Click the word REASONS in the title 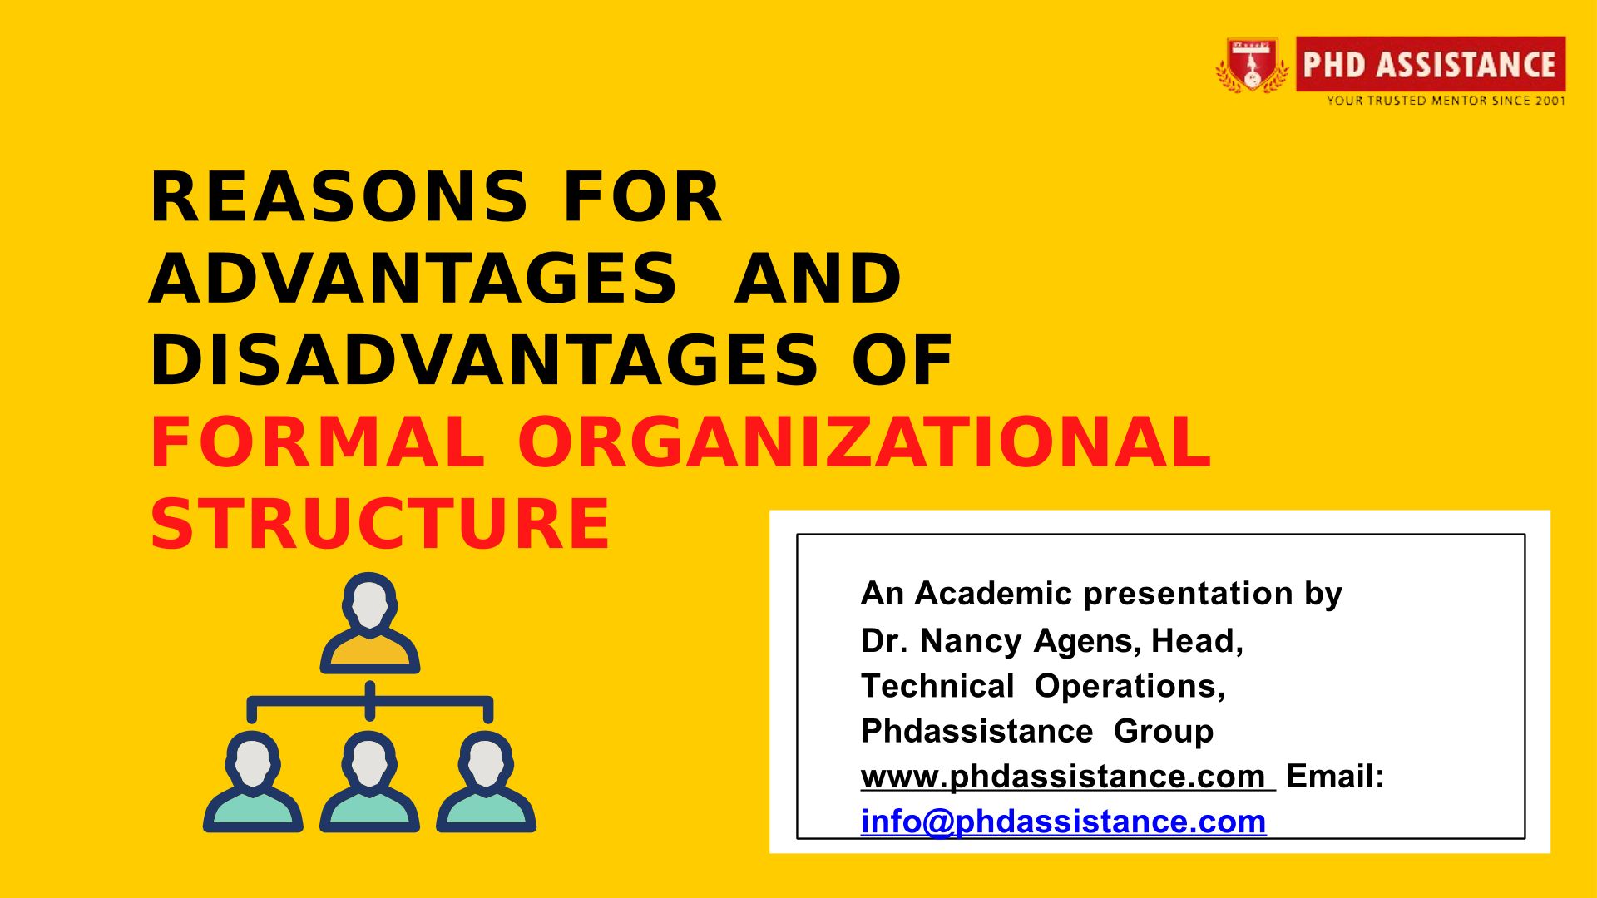pos(339,197)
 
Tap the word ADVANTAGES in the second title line pos(413,279)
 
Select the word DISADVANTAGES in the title pos(485,360)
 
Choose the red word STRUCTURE pos(380,523)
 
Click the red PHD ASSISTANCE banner pos(1431,64)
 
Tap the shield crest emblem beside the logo pos(1253,65)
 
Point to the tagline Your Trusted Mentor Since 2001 pos(1446,101)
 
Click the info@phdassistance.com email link pos(1063,822)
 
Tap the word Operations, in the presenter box pos(1130,687)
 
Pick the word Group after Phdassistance pos(1164,732)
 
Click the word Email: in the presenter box pos(1335,777)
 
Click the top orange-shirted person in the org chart pos(370,623)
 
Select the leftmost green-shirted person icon pos(253,782)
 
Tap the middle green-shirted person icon pos(370,782)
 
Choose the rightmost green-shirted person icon pos(487,782)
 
